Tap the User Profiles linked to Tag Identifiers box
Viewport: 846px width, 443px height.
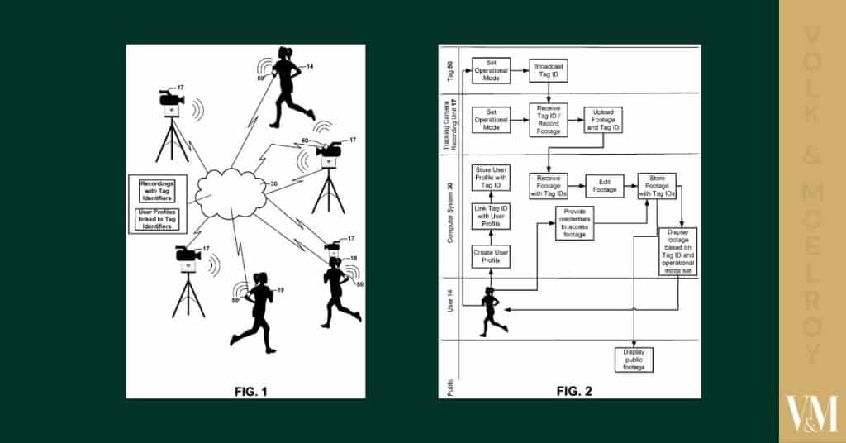pyautogui.click(x=158, y=220)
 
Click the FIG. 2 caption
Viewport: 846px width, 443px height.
pyautogui.click(x=575, y=388)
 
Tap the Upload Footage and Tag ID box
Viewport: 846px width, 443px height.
pyautogui.click(x=604, y=121)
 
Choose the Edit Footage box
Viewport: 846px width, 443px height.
pyautogui.click(x=604, y=184)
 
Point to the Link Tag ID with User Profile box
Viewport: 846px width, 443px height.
pyautogui.click(x=489, y=219)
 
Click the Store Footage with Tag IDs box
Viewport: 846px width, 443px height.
pyautogui.click(x=657, y=184)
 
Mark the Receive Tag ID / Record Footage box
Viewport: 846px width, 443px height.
pyautogui.click(x=549, y=121)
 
